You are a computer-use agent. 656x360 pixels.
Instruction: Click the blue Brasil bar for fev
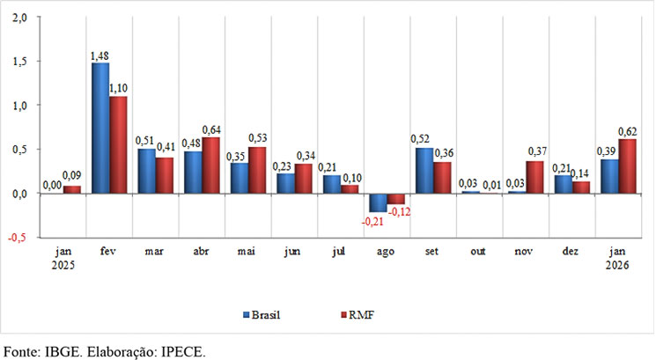[100, 128]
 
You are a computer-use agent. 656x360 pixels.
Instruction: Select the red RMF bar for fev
[118, 144]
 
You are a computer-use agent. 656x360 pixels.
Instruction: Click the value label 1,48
[100, 56]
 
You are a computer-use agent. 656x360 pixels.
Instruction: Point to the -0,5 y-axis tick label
[18, 237]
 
